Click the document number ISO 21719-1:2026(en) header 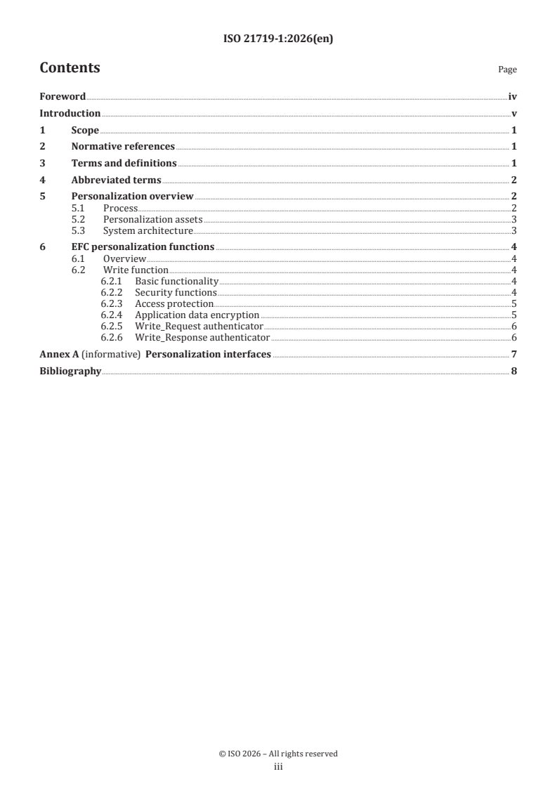[278, 39]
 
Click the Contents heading [70, 68]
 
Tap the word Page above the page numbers [507, 70]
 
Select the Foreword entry [63, 97]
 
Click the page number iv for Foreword [513, 97]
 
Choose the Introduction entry [70, 114]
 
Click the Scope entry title [85, 131]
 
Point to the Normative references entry [123, 147]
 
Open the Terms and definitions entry [124, 164]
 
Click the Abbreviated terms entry [116, 180]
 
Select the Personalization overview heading [132, 197]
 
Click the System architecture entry [148, 230]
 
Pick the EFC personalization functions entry [143, 247]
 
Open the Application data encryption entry [197, 315]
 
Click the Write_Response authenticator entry [202, 337]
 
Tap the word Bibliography [70, 371]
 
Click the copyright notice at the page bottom [278, 754]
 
